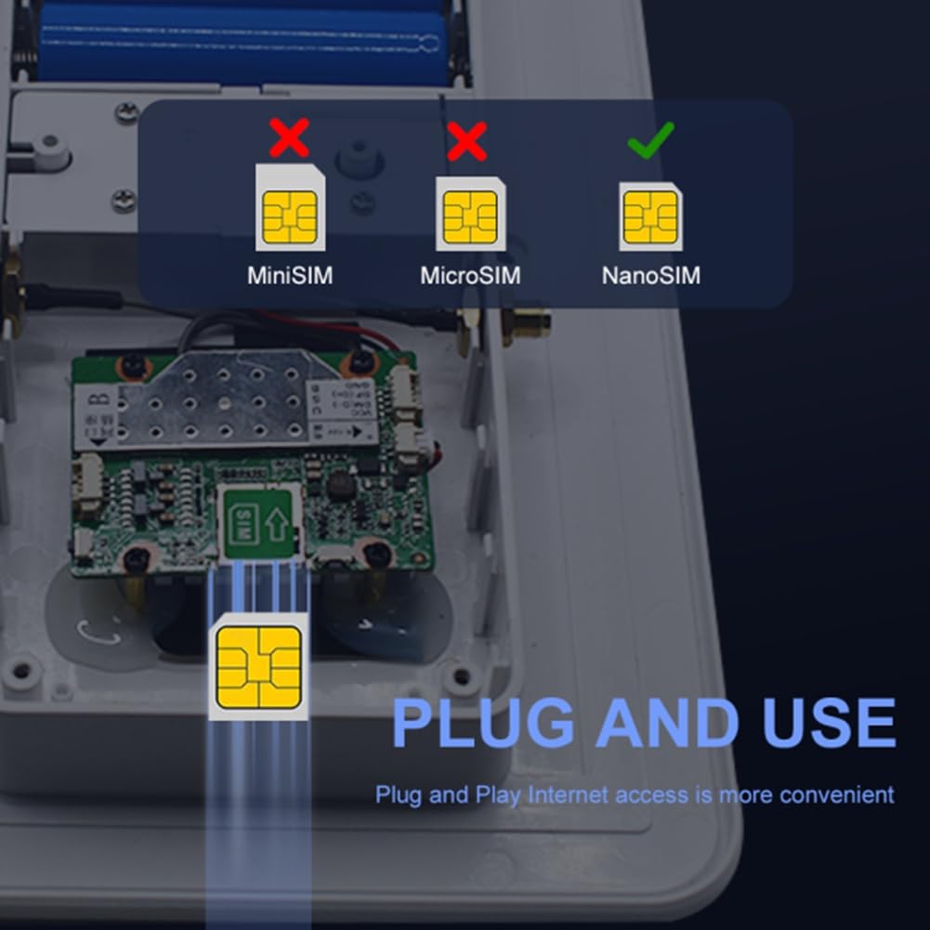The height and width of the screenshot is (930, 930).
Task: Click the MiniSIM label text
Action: coord(289,276)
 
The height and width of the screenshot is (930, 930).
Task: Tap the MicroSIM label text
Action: coord(470,276)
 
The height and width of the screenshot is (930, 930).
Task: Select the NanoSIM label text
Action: coord(650,276)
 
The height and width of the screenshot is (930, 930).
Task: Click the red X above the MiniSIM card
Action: coord(290,139)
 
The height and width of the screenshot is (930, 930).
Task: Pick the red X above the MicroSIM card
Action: coord(467,140)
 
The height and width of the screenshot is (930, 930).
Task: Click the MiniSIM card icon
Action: coord(290,208)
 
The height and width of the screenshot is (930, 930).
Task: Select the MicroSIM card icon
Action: coord(470,214)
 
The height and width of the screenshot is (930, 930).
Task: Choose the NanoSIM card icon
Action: coord(650,216)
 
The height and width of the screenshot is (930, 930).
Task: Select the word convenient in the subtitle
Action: coord(836,795)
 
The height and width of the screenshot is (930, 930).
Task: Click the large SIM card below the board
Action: coord(258,666)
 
